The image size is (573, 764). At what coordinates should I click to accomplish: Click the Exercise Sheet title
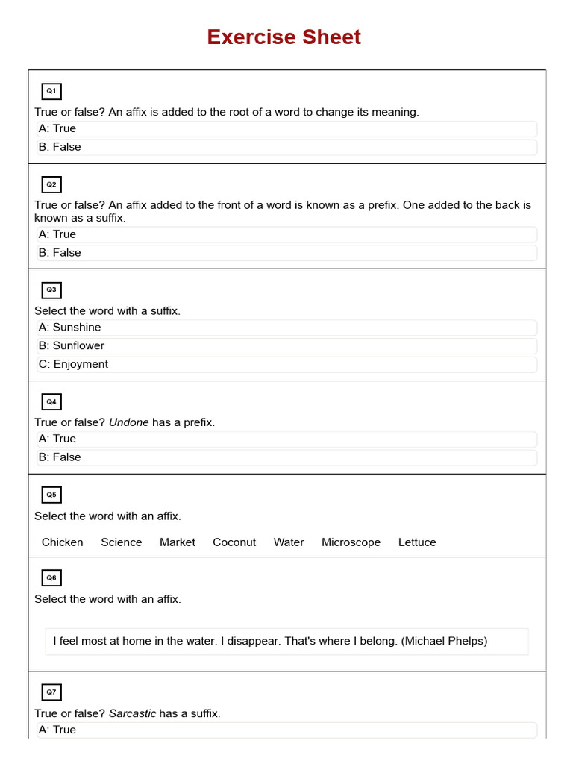(x=284, y=37)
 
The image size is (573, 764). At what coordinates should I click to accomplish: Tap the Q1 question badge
(x=51, y=91)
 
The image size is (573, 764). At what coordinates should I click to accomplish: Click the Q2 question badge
(x=51, y=184)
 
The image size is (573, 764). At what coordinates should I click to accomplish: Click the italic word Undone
(x=129, y=422)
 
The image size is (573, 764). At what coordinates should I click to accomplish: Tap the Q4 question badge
(x=51, y=401)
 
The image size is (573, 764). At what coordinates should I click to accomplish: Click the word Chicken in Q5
(x=63, y=542)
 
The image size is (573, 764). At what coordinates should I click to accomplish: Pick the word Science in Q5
(x=122, y=542)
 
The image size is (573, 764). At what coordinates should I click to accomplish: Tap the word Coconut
(x=234, y=542)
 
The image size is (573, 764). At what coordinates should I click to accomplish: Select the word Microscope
(x=351, y=542)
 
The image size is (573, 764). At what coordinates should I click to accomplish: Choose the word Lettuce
(x=417, y=542)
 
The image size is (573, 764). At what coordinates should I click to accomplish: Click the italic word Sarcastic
(x=133, y=713)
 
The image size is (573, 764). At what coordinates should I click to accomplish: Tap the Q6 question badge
(x=51, y=577)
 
